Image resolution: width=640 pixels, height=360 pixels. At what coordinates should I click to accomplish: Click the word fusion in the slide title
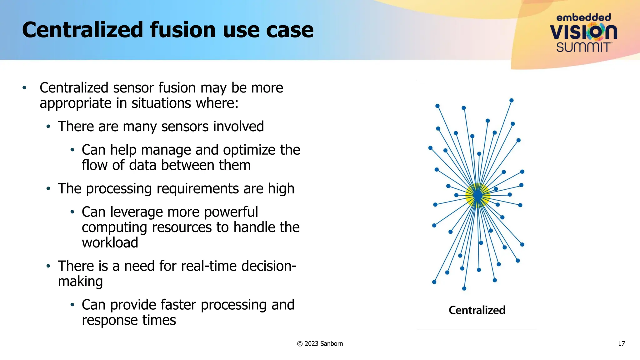coord(183,30)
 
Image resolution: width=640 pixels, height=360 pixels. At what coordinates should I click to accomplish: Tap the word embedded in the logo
coord(583,17)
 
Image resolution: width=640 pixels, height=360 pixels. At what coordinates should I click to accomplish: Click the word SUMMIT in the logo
coord(583,47)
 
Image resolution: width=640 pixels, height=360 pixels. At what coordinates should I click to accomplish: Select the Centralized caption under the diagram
coord(477,310)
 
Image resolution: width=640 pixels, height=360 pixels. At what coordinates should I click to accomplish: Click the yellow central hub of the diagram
coord(477,196)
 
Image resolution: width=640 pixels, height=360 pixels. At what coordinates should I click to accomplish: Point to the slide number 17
coord(621,344)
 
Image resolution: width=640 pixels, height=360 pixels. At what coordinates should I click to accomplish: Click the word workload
coord(110,243)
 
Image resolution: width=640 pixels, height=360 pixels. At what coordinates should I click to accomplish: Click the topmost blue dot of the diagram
coord(512,100)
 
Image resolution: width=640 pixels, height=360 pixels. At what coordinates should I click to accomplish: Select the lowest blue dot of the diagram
coord(464,288)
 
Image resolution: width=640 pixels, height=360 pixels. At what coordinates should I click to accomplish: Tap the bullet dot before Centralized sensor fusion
coord(24,88)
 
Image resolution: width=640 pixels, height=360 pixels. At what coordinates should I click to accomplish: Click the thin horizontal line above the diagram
coord(477,80)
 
